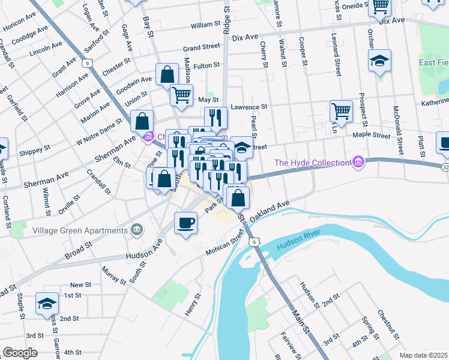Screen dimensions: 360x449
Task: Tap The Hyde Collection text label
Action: pos(312,163)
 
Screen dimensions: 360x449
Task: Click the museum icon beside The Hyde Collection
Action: pos(358,162)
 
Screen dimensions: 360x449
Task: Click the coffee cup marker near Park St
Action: pos(185,223)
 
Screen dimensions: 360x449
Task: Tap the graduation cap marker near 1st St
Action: pos(47,304)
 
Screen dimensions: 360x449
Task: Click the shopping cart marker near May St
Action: pos(181,94)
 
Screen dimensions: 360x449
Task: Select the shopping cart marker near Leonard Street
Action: pos(340,110)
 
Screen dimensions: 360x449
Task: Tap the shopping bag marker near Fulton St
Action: pos(167,74)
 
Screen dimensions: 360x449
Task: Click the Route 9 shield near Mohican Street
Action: pos(255,242)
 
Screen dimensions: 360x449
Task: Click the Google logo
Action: pos(19,352)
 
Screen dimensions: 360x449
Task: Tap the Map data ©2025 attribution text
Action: pos(423,355)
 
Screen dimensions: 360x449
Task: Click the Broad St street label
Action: pos(79,250)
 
